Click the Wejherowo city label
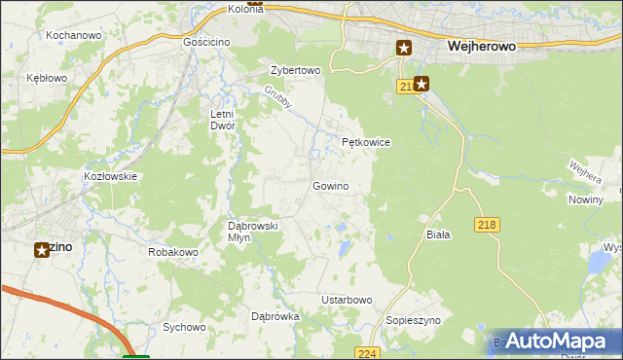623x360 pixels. (x=481, y=45)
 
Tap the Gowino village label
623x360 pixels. (x=330, y=186)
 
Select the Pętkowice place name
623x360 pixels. (x=366, y=142)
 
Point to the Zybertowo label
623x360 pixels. (x=295, y=71)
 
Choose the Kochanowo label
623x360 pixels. (x=74, y=35)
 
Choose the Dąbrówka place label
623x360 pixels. (x=275, y=316)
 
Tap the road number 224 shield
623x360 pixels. (x=366, y=353)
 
